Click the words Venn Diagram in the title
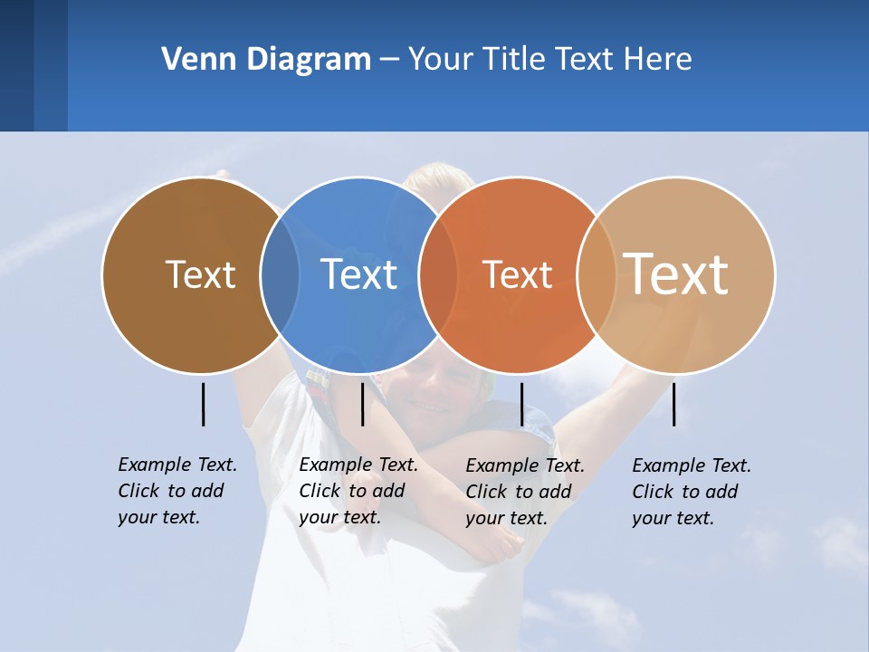click(x=265, y=60)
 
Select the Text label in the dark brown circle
click(x=200, y=274)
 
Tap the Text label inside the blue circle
click(x=358, y=274)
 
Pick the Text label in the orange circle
click(x=517, y=274)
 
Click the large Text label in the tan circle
click(x=676, y=273)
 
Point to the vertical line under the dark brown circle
click(x=204, y=404)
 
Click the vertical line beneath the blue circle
click(x=362, y=404)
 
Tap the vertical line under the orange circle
click(x=521, y=404)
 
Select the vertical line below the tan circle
click(x=674, y=404)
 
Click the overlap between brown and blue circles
click(x=280, y=274)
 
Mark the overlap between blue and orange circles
click(x=438, y=274)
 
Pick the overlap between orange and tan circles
click(x=597, y=274)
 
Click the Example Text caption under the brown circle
click(x=177, y=491)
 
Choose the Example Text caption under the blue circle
click(x=358, y=491)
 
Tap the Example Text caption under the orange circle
click(x=525, y=492)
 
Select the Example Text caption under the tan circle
click(x=692, y=492)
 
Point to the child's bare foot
click(x=494, y=544)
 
